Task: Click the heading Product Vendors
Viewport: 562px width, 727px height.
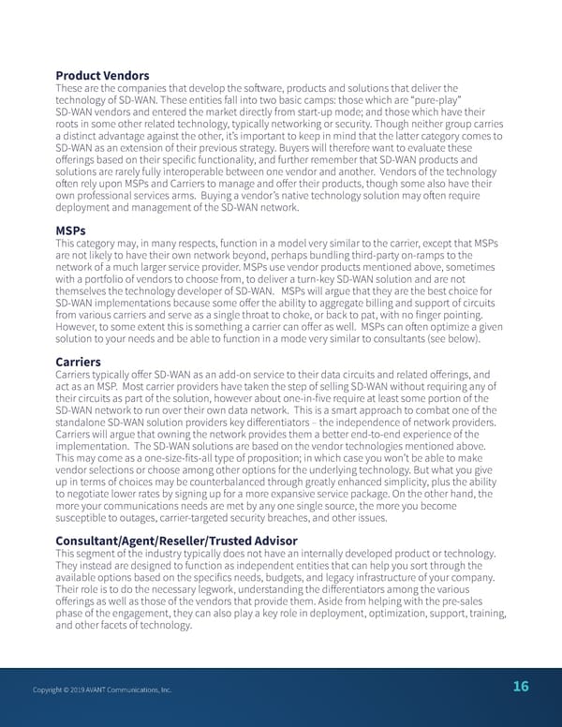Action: [x=102, y=75]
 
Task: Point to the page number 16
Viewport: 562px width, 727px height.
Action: [x=520, y=687]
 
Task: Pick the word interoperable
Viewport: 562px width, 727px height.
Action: [x=193, y=172]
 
